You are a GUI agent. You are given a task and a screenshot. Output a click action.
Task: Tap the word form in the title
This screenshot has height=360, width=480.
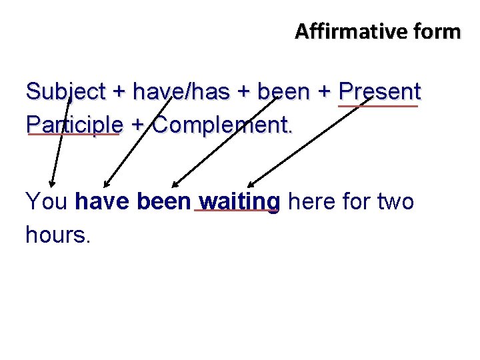[x=436, y=31]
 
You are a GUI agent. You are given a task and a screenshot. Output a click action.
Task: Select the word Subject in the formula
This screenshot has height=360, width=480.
[x=65, y=91]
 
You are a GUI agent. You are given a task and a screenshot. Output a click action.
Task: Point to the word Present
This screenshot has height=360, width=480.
[x=379, y=91]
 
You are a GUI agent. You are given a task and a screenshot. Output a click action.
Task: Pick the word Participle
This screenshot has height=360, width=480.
[x=74, y=124]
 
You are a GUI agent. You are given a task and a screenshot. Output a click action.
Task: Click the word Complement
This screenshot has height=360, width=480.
[x=223, y=124]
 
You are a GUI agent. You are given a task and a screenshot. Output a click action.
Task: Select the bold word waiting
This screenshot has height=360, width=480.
[x=238, y=201]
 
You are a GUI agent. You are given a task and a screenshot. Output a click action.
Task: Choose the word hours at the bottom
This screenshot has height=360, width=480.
[x=57, y=233]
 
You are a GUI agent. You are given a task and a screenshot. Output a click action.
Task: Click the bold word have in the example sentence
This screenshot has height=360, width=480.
[x=103, y=201]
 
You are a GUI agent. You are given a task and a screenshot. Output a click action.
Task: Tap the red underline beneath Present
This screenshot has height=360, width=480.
[x=378, y=105]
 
